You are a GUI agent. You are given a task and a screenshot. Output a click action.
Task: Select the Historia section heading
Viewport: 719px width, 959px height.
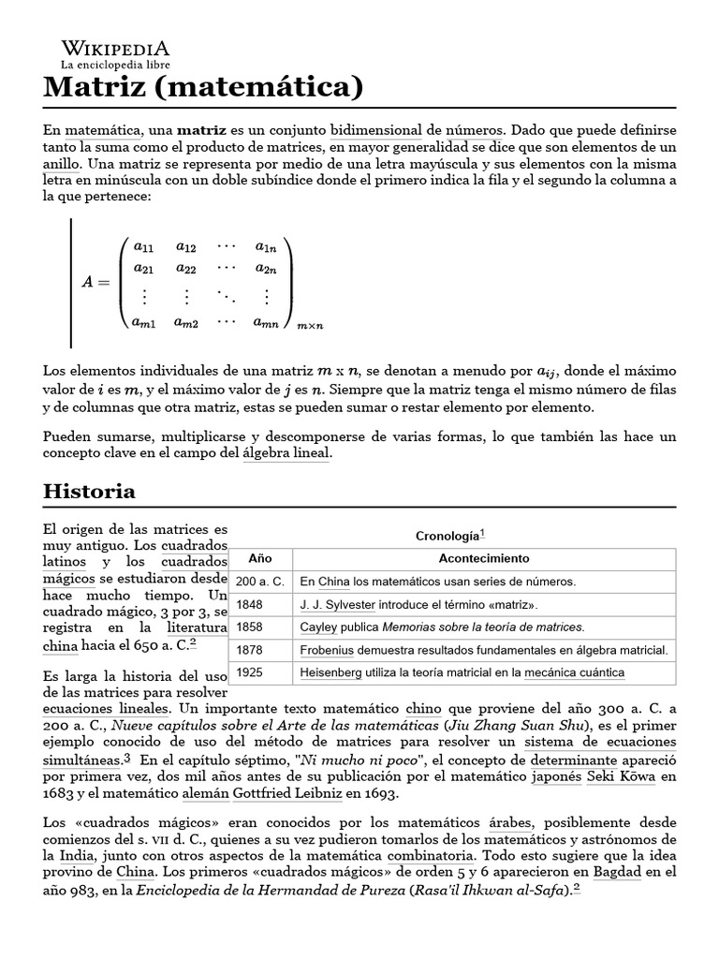coord(90,491)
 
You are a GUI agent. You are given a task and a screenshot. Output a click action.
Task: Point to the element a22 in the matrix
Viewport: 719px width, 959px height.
coord(185,269)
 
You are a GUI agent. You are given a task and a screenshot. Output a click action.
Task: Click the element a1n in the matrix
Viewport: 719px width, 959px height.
coord(266,247)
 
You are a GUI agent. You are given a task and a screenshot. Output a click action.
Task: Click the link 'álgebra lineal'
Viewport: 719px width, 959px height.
coord(286,453)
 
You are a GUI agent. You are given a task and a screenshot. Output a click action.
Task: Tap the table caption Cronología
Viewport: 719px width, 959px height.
coord(447,536)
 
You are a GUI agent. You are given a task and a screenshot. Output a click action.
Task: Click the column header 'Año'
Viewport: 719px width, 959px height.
coord(259,558)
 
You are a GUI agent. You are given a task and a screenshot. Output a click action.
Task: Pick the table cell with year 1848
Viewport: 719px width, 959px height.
coord(250,604)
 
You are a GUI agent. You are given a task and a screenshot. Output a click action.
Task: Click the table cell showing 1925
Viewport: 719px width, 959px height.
coord(250,672)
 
